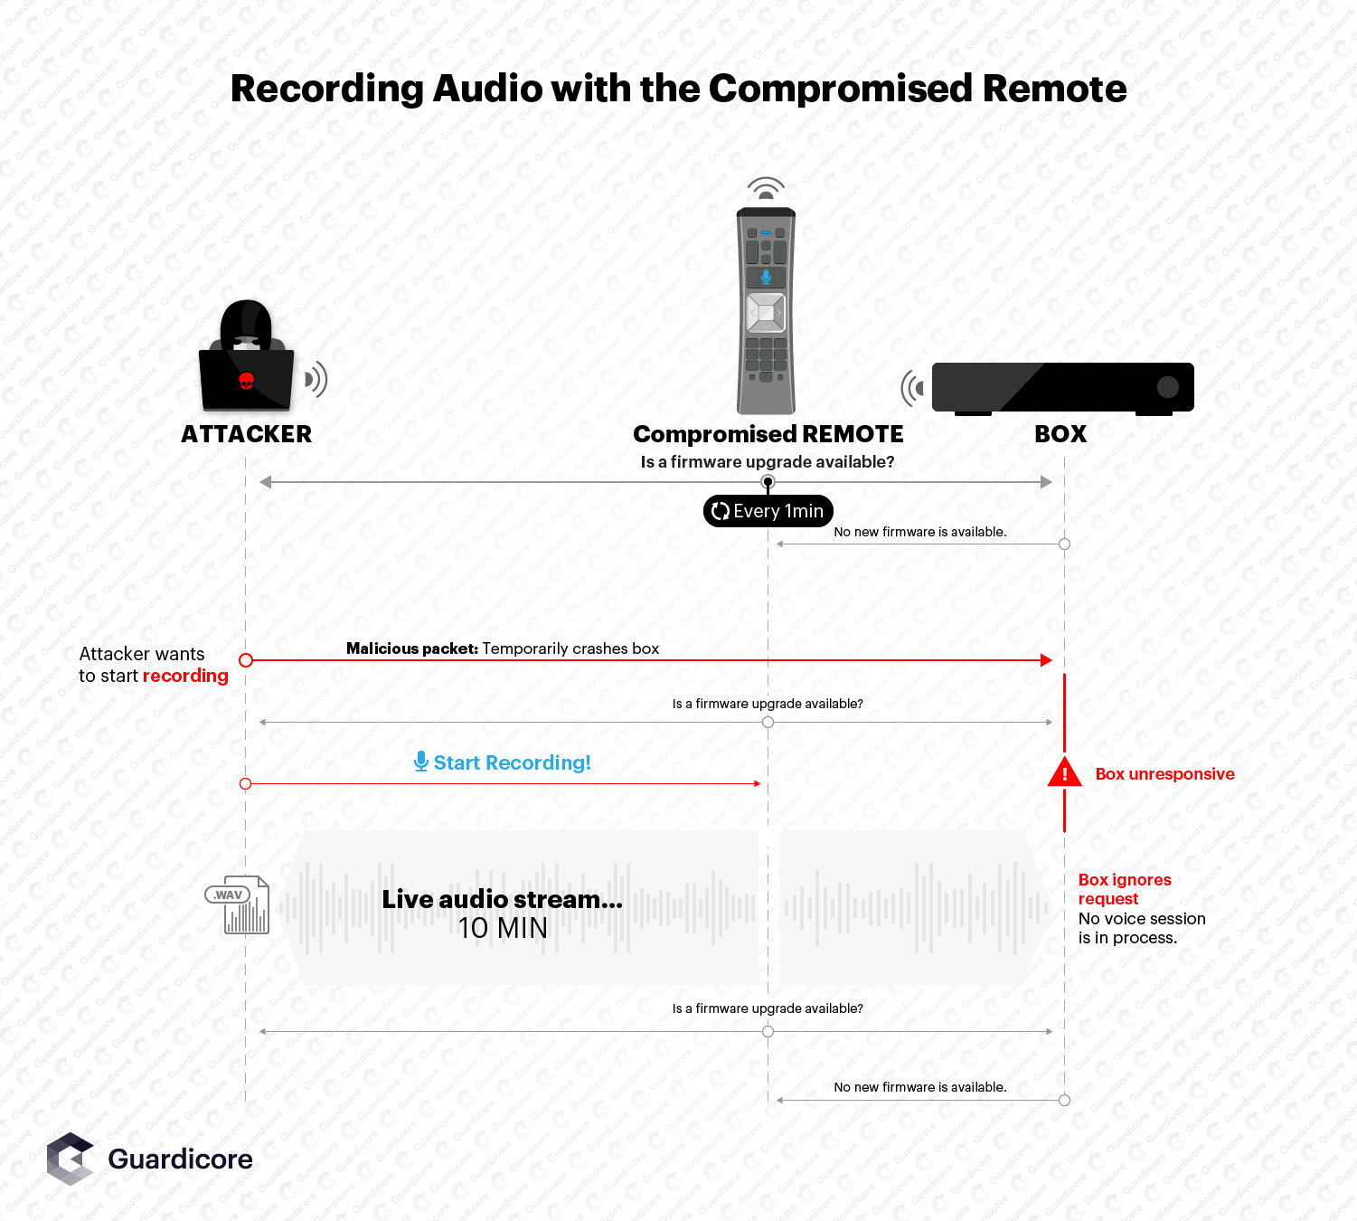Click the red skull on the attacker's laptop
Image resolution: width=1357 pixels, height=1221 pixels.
[246, 381]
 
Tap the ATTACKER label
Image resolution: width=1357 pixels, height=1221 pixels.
[246, 434]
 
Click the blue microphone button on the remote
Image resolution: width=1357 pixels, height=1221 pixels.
[766, 277]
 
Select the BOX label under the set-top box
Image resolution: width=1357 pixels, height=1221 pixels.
[1060, 434]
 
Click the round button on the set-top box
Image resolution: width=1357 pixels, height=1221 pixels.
[1167, 387]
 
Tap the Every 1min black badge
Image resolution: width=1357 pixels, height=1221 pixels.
[768, 511]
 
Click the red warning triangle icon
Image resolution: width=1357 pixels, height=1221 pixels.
[1064, 773]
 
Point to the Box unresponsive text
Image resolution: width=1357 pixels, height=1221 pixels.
[1164, 774]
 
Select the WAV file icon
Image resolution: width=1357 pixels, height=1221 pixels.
[239, 904]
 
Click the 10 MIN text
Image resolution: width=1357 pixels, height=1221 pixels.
[503, 928]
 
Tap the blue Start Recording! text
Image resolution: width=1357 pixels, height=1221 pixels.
[512, 762]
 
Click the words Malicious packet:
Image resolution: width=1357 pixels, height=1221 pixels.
[411, 648]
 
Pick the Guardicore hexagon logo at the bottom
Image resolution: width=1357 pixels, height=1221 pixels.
[71, 1159]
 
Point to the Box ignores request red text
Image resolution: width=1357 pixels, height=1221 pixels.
[1124, 889]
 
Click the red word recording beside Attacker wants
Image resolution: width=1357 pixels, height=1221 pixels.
[185, 676]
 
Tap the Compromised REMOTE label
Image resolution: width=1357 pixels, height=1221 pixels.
[768, 434]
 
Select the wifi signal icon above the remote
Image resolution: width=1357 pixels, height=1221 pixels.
[766, 188]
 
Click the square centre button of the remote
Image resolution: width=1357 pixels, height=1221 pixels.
[766, 313]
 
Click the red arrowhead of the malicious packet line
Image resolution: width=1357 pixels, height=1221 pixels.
[1047, 660]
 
